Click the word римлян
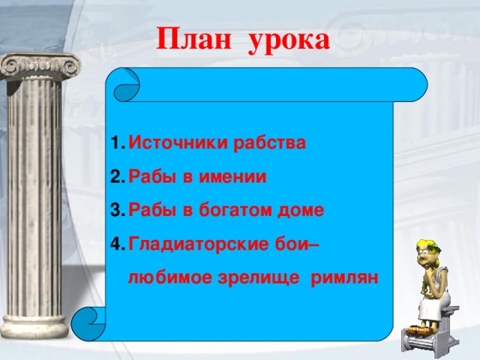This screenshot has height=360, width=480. (349, 277)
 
